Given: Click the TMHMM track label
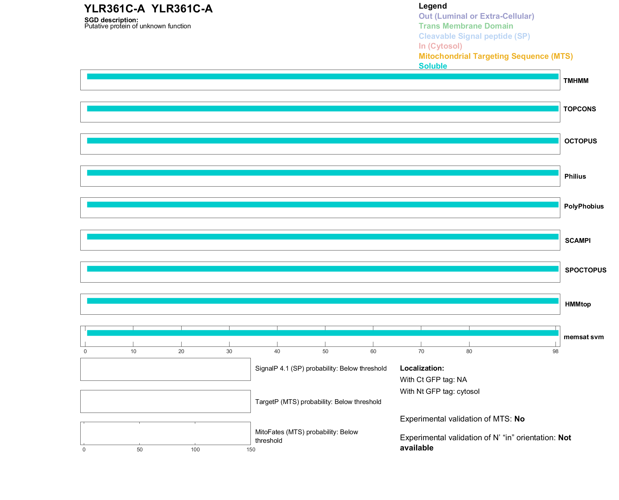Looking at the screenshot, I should coord(576,81).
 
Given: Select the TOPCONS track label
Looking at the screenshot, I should coord(579,109).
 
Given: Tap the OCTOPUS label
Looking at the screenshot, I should coord(580,141).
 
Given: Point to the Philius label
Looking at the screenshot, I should coord(575,176).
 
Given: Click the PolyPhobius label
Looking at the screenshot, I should coord(583,206).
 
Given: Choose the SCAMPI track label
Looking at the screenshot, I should coord(577,241).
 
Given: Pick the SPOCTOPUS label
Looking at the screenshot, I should coord(585,270).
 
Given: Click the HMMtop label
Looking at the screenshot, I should coord(578,304).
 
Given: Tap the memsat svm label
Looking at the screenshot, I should coord(583,337).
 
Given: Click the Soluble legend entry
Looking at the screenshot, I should coord(433,66).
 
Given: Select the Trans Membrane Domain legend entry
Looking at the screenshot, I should coord(466,26).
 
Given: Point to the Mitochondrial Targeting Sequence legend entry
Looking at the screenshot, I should coord(496,56).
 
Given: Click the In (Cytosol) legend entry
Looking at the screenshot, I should coord(440,46).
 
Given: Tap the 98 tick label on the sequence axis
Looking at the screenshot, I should coord(555,351).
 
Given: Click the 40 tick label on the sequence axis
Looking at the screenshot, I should coord(277,351).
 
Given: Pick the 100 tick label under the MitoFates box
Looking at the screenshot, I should coord(195,449).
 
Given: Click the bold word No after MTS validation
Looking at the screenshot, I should coord(519,419).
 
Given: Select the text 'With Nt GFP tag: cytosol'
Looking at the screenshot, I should coord(440,391).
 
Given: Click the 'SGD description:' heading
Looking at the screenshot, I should coord(111,20).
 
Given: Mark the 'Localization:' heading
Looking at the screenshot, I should coord(422,368).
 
